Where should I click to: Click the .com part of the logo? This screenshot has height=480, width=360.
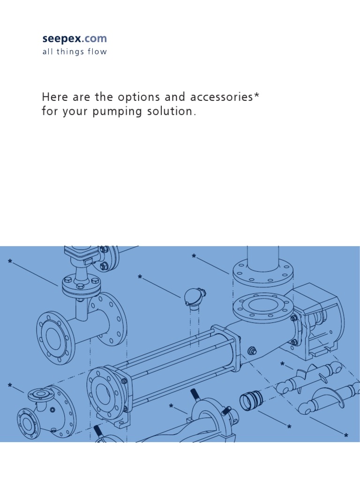click(94, 38)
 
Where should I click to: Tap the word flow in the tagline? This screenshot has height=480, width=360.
click(97, 52)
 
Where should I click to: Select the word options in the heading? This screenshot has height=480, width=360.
click(139, 97)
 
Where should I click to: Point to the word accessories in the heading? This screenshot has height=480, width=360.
click(221, 97)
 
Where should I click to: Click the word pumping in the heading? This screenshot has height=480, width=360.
click(117, 112)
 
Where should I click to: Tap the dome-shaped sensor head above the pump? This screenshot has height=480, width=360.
click(194, 297)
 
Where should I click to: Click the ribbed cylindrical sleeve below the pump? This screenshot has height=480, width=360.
click(251, 400)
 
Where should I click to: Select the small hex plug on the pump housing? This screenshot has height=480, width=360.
click(252, 351)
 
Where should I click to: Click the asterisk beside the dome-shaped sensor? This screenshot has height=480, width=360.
click(140, 277)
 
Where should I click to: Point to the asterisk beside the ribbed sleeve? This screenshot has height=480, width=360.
click(289, 427)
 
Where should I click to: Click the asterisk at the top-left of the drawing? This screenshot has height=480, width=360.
click(10, 262)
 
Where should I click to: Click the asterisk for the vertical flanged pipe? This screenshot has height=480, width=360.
click(194, 256)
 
